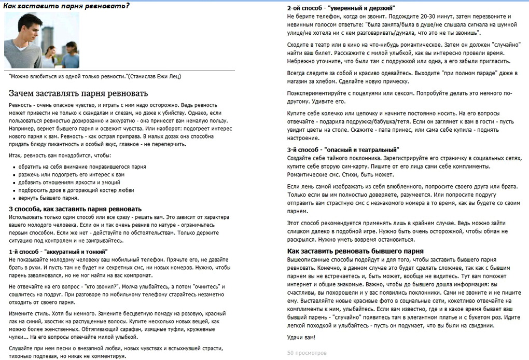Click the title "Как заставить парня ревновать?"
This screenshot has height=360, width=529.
pos(66,6)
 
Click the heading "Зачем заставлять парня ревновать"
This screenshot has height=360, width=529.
pos(78,93)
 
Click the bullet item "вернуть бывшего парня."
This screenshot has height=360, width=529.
pos(48,198)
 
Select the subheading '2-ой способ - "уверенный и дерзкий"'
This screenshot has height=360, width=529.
pos(341,9)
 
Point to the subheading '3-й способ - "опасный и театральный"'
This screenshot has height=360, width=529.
pos(343,149)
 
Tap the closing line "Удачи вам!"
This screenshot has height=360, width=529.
pos(301,338)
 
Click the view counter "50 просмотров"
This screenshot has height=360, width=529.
pos(307,353)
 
